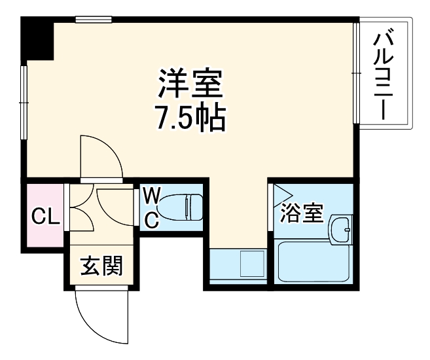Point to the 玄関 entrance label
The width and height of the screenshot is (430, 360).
point(101,266)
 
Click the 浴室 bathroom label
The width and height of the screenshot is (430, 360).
point(302,213)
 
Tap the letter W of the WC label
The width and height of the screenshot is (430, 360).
point(151,195)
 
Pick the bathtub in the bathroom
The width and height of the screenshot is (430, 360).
point(312,261)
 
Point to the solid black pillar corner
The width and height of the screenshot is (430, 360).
point(37,39)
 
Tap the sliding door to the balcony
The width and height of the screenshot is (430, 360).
point(357,73)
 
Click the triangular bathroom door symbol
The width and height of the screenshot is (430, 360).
point(282,194)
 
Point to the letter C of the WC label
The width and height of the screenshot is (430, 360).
point(151,221)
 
